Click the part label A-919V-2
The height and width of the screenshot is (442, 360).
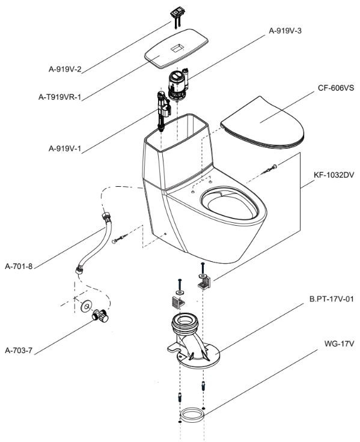pyautogui.click(x=65, y=69)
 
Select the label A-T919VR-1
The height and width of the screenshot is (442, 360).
pyautogui.click(x=60, y=97)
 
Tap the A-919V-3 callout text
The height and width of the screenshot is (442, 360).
pyautogui.click(x=285, y=31)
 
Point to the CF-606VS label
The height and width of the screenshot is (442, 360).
pyautogui.click(x=336, y=88)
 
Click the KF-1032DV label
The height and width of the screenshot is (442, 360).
pyautogui.click(x=334, y=175)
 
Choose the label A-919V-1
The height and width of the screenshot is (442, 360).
pyautogui.click(x=65, y=148)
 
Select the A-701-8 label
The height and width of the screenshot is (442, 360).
pyautogui.click(x=19, y=266)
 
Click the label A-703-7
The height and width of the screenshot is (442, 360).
pyautogui.click(x=19, y=351)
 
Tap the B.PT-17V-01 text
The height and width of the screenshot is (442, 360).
pyautogui.click(x=332, y=299)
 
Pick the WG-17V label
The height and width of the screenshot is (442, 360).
pyautogui.click(x=339, y=344)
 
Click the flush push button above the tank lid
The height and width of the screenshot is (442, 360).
pyautogui.click(x=177, y=13)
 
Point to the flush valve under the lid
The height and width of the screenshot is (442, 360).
pyautogui.click(x=178, y=84)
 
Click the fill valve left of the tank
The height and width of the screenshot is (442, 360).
pyautogui.click(x=163, y=110)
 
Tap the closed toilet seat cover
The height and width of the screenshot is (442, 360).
pyautogui.click(x=263, y=123)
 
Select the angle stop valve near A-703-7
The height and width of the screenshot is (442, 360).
pyautogui.click(x=100, y=316)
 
